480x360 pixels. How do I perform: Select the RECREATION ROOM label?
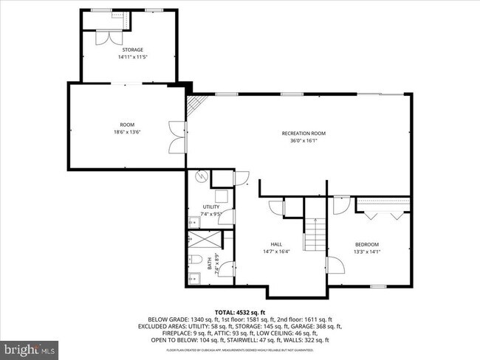(x=303, y=133)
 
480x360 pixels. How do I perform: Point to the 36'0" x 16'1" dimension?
(x=303, y=141)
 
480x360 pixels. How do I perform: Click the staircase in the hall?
(x=315, y=235)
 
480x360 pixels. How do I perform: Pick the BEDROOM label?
(x=367, y=244)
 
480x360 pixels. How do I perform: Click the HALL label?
(x=276, y=244)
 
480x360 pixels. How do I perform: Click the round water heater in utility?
(x=199, y=177)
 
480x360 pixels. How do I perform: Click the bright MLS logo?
(x=30, y=346)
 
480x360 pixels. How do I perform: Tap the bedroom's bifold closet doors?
(x=383, y=214)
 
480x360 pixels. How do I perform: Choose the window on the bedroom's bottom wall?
(x=378, y=286)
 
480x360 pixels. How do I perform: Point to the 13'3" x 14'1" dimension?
(x=367, y=252)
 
